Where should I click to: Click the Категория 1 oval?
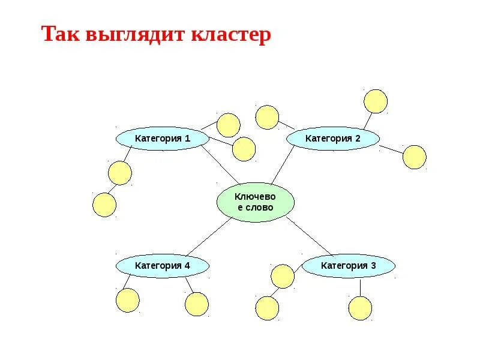(x=162, y=139)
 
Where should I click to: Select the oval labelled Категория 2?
(x=333, y=139)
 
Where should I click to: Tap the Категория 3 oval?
(x=348, y=265)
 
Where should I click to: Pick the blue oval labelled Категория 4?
(x=162, y=265)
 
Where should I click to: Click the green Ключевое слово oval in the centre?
(x=256, y=202)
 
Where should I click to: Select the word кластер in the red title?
(x=231, y=34)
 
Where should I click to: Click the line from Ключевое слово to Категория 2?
(x=282, y=165)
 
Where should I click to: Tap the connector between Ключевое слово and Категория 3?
(x=309, y=236)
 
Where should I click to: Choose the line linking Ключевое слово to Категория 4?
(x=207, y=236)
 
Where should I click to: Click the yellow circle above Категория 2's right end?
(x=376, y=101)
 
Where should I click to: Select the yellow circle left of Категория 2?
(x=267, y=117)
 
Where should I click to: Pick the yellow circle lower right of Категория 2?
(x=414, y=157)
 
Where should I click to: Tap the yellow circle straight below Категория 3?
(x=360, y=308)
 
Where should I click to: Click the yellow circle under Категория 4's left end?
(x=127, y=300)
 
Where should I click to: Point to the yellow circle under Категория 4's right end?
(x=197, y=304)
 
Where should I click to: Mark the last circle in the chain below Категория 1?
(x=104, y=205)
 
